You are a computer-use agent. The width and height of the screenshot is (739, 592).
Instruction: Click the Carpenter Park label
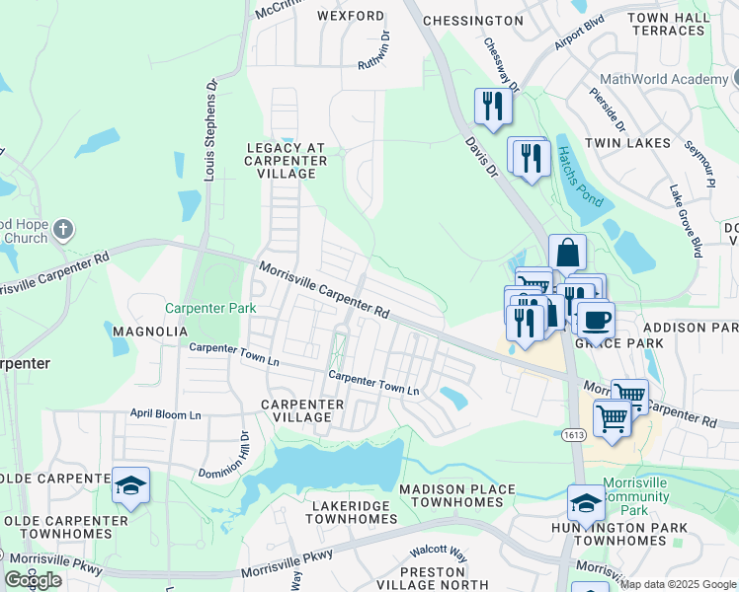point(210,308)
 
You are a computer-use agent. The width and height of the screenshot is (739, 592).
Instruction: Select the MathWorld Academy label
point(664,79)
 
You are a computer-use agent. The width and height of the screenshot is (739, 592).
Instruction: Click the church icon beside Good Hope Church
point(62,231)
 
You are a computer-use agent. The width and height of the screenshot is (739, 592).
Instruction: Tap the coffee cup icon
point(596,319)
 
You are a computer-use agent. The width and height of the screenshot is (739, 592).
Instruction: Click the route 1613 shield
point(577,435)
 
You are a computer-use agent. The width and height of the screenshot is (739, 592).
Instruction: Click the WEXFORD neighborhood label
point(351,17)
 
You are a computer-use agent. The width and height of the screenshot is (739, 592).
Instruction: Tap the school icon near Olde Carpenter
point(130,484)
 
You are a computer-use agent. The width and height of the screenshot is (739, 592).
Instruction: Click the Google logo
point(34,580)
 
